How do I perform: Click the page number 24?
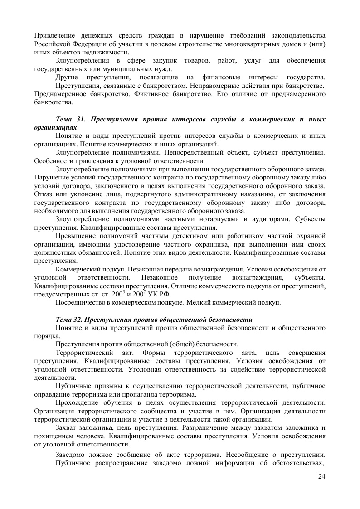coord(322,476)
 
